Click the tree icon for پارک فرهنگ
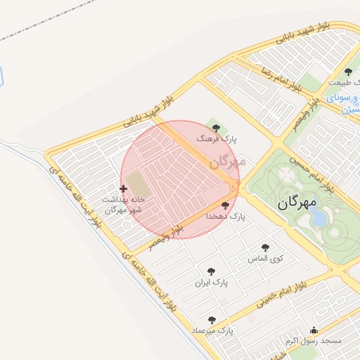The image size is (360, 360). [216, 128]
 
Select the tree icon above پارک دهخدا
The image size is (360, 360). [225, 206]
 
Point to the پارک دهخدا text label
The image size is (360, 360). [225, 217]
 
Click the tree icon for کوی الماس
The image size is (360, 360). [265, 247]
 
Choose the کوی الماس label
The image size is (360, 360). [265, 258]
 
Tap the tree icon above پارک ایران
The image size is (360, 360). [211, 271]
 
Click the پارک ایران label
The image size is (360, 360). [212, 283]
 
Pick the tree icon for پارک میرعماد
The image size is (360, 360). [212, 320]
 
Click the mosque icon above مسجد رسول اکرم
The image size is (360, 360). [314, 330]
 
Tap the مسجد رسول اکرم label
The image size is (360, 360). [313, 341]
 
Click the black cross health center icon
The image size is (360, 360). [124, 188]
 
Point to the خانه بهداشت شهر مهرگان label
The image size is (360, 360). [123, 205]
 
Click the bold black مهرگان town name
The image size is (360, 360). [297, 202]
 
